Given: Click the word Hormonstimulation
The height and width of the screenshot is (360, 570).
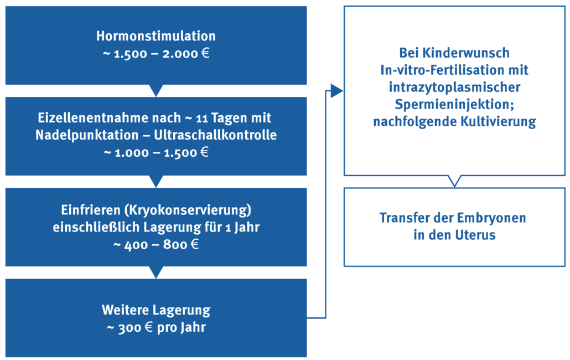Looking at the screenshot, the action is coord(156,36).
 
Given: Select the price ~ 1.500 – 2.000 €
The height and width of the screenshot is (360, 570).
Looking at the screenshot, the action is coord(156,54).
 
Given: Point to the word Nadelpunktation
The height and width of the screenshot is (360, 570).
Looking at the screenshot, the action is coord(87,135).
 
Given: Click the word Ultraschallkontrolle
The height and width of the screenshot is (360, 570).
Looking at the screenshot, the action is coord(215,135).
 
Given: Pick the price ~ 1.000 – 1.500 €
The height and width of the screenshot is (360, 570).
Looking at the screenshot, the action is coord(156,152).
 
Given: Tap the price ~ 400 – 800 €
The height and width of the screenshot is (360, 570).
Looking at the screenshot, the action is coord(156,244).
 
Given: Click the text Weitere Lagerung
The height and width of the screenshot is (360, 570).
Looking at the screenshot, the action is coord(156,310).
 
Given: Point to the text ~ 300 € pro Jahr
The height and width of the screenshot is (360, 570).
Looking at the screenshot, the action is coord(156,327).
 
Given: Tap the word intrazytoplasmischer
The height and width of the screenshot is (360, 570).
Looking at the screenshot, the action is coord(454,88).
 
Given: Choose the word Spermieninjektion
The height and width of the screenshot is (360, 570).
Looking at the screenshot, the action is coord(454,104).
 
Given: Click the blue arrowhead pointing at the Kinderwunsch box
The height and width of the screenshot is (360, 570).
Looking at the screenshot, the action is coord(336,91).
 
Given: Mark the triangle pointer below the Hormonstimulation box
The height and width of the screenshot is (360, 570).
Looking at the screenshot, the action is coord(156,90).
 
